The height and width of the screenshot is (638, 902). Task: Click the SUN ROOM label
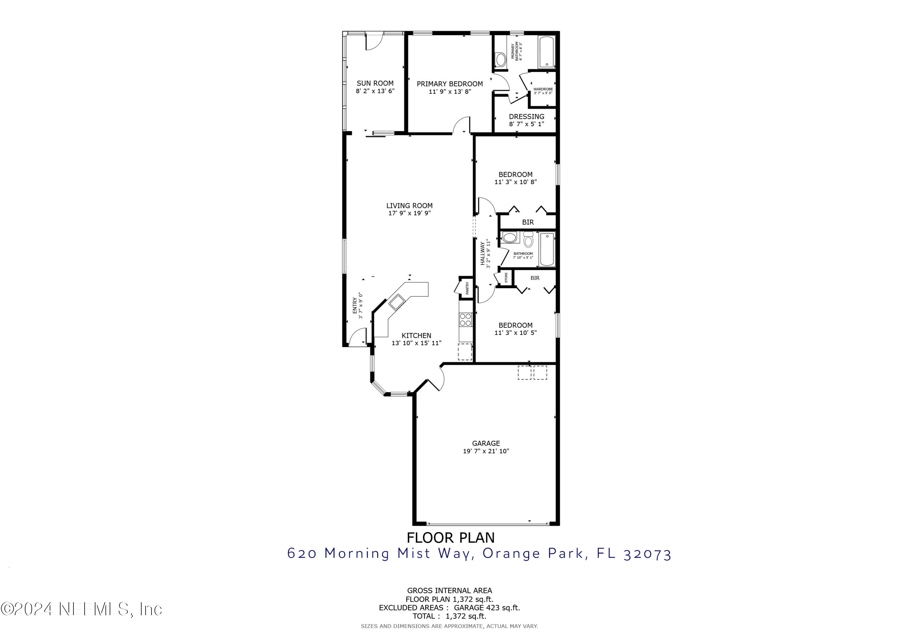click(375, 83)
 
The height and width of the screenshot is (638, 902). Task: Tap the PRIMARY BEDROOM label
click(450, 84)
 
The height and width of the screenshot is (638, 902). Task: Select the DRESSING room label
click(526, 116)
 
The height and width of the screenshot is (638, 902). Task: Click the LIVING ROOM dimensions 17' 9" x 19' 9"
click(409, 213)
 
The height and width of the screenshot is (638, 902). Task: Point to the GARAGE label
click(486, 443)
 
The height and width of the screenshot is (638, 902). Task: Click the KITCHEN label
click(416, 335)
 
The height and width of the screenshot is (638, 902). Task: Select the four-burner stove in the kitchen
click(465, 319)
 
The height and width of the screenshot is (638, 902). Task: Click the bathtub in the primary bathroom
click(547, 52)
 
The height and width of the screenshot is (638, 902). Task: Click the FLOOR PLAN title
click(451, 537)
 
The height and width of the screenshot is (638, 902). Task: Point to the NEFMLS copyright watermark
click(81, 609)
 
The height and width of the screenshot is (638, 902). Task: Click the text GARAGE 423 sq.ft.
click(487, 608)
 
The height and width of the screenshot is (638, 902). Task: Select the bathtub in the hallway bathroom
click(547, 250)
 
